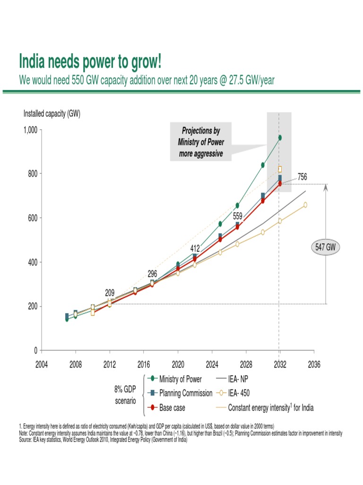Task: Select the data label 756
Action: click(302, 177)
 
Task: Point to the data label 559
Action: click(237, 216)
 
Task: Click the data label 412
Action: click(195, 248)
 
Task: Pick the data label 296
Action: click(152, 273)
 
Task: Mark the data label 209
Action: click(110, 292)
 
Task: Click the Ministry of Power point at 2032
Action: click(280, 137)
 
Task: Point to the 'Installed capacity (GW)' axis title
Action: click(52, 113)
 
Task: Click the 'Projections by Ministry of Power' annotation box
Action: click(201, 142)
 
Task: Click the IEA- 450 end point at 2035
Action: click(305, 205)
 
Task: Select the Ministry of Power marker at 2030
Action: click(263, 165)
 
